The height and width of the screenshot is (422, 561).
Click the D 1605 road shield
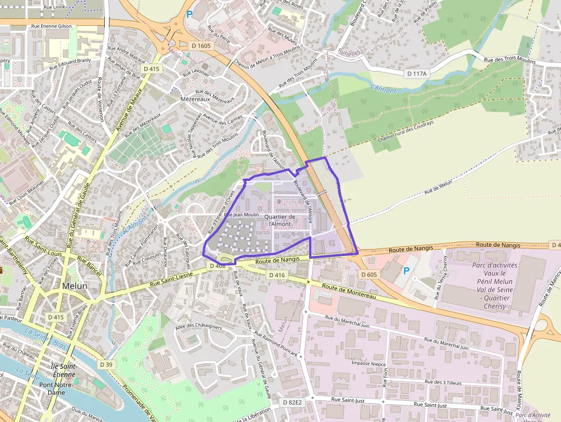201,45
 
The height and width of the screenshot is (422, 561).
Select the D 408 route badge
218,266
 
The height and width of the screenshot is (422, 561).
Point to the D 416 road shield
276,275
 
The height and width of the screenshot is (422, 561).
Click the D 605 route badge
369,275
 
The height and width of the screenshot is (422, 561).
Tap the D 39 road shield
105,364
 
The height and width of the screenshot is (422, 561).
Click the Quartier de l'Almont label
280,220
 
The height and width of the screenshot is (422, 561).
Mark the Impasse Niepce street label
368,363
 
